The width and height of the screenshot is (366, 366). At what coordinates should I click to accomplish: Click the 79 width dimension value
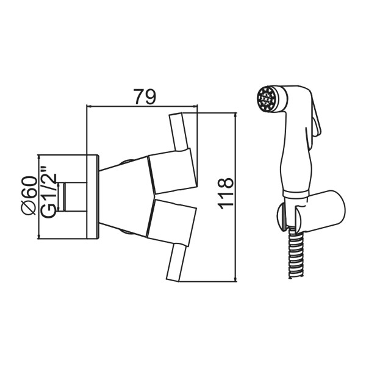145,96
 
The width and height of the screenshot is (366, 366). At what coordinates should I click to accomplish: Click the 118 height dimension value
226,193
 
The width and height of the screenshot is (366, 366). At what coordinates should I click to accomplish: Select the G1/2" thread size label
49,192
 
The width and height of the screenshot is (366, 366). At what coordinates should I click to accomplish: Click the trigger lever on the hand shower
316,122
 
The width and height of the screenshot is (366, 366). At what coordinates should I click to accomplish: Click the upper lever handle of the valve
179,131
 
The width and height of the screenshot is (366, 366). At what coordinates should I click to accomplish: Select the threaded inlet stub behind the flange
73,195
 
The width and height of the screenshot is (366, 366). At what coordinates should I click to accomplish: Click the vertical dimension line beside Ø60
40,195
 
